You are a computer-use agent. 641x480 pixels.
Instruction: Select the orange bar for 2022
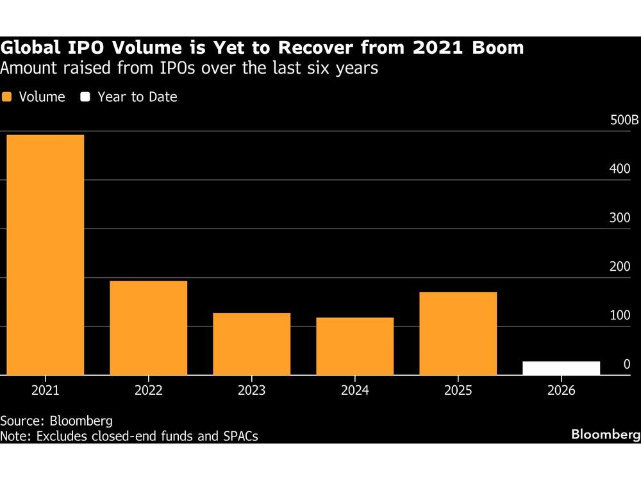pyautogui.click(x=149, y=328)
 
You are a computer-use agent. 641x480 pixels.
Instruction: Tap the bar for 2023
pyautogui.click(x=252, y=344)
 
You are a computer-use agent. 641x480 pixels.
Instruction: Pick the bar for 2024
pyautogui.click(x=354, y=346)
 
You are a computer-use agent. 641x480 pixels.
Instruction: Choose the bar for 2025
pyautogui.click(x=458, y=333)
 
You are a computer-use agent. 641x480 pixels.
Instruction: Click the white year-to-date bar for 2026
pyautogui.click(x=561, y=368)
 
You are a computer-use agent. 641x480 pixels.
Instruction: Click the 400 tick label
pyautogui.click(x=619, y=169)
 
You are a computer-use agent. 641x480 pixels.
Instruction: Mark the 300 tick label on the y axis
pyautogui.click(x=619, y=218)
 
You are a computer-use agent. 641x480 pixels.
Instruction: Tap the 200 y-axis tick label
pyautogui.click(x=619, y=266)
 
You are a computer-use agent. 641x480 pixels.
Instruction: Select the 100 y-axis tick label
pyautogui.click(x=619, y=316)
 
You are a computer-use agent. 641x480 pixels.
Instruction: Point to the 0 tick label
pyautogui.click(x=626, y=364)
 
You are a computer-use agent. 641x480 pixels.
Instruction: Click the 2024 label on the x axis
pyautogui.click(x=354, y=390)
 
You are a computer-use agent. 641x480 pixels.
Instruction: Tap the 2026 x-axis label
pyautogui.click(x=561, y=390)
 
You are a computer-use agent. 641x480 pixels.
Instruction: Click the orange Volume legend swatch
pyautogui.click(x=7, y=97)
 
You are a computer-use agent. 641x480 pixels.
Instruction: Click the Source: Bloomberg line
pyautogui.click(x=56, y=421)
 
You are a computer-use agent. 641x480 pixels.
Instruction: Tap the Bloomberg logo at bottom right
pyautogui.click(x=605, y=435)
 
